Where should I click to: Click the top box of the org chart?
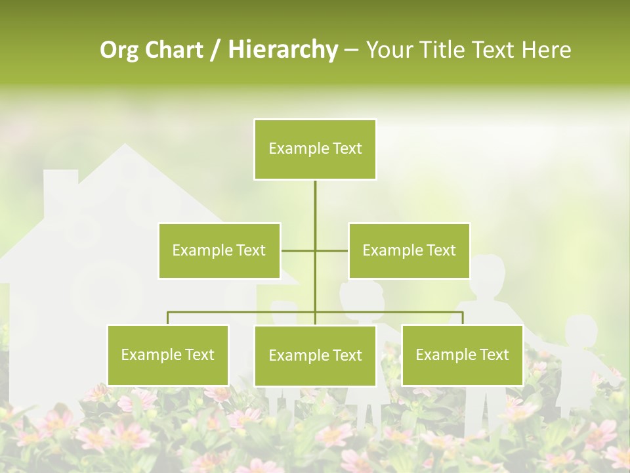pyautogui.click(x=315, y=149)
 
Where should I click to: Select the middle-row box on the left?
pyautogui.click(x=219, y=250)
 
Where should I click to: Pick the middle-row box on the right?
pyautogui.click(x=409, y=250)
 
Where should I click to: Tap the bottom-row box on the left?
pyautogui.click(x=168, y=355)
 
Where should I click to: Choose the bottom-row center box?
pyautogui.click(x=315, y=355)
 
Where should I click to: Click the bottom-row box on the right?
pyautogui.click(x=462, y=355)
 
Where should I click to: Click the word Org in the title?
pyautogui.click(x=119, y=50)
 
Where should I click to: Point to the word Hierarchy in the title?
pyautogui.click(x=283, y=50)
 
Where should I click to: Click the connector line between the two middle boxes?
pyautogui.click(x=315, y=250)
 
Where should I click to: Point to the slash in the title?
pyautogui.click(x=215, y=50)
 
